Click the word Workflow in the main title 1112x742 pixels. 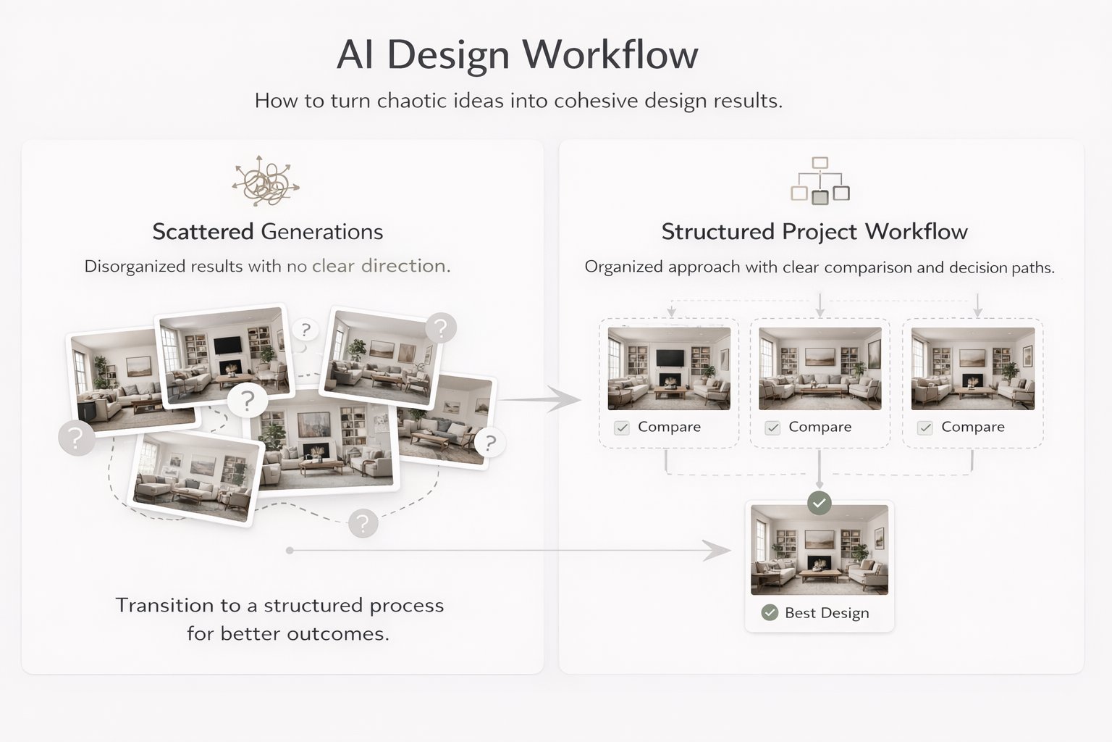[x=610, y=55]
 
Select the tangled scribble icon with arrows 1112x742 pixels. [x=265, y=180]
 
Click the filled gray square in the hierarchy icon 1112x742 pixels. [x=820, y=197]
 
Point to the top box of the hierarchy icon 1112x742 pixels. [x=820, y=163]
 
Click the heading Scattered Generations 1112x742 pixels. [x=267, y=232]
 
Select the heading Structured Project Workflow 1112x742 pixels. [x=814, y=232]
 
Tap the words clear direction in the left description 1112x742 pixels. [x=379, y=266]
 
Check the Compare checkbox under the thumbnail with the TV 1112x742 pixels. [x=622, y=428]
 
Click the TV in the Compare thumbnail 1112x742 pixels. [x=669, y=358]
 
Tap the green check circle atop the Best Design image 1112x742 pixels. [x=820, y=502]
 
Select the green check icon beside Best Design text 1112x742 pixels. [x=770, y=613]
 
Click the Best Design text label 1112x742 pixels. [x=827, y=613]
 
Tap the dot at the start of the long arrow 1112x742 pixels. [x=290, y=551]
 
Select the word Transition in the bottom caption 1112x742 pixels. [x=164, y=605]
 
